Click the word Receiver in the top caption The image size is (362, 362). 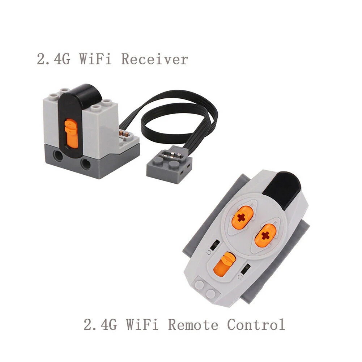(155, 59)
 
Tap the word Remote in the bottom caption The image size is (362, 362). (193, 325)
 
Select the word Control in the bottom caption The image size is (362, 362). (256, 325)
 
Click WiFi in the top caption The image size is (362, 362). (95, 59)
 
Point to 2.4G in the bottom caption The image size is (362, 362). (100, 325)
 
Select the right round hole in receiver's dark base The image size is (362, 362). (85, 164)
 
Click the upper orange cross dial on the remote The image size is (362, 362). (242, 218)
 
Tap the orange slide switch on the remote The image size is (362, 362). (224, 264)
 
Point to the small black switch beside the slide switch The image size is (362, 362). (246, 269)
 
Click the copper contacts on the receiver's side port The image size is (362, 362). (124, 134)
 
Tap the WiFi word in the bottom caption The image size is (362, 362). (142, 325)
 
